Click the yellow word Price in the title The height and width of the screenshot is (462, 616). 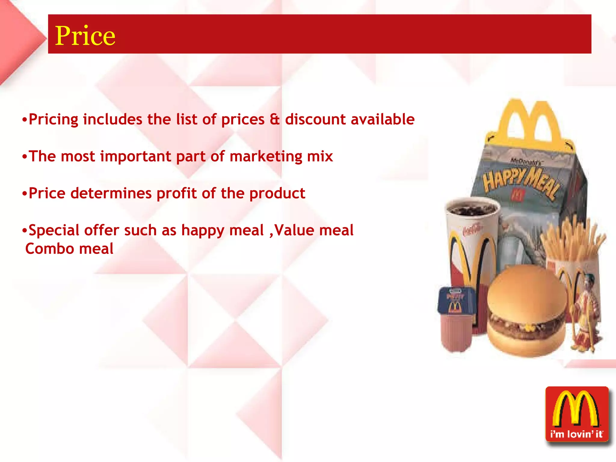(x=85, y=36)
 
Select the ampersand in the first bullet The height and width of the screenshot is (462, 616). (x=274, y=119)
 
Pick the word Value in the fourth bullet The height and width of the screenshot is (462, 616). (x=294, y=230)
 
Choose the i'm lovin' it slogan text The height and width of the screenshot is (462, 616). (x=577, y=434)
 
